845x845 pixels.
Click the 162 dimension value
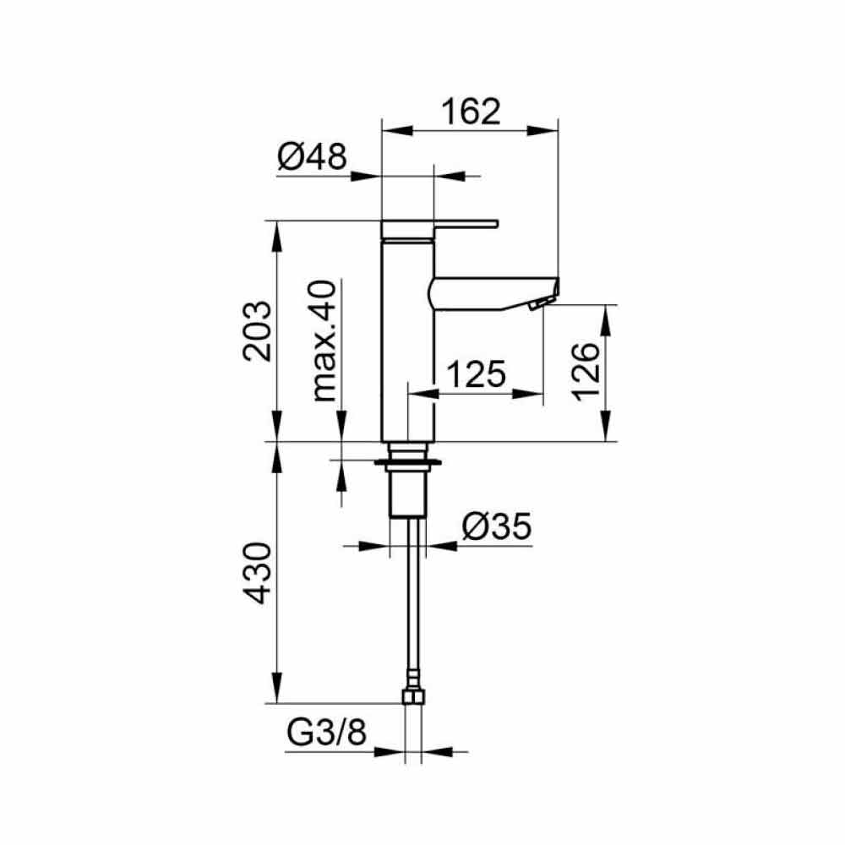[x=471, y=112]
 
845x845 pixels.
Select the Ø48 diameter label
[x=313, y=157]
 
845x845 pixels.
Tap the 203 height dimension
[x=258, y=331]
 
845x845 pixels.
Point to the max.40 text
[x=324, y=341]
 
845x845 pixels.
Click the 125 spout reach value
[x=477, y=374]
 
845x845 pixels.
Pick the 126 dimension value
[x=586, y=371]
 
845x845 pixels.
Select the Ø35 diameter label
[x=497, y=526]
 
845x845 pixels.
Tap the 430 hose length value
[x=257, y=573]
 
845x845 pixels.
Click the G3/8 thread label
[x=326, y=733]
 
